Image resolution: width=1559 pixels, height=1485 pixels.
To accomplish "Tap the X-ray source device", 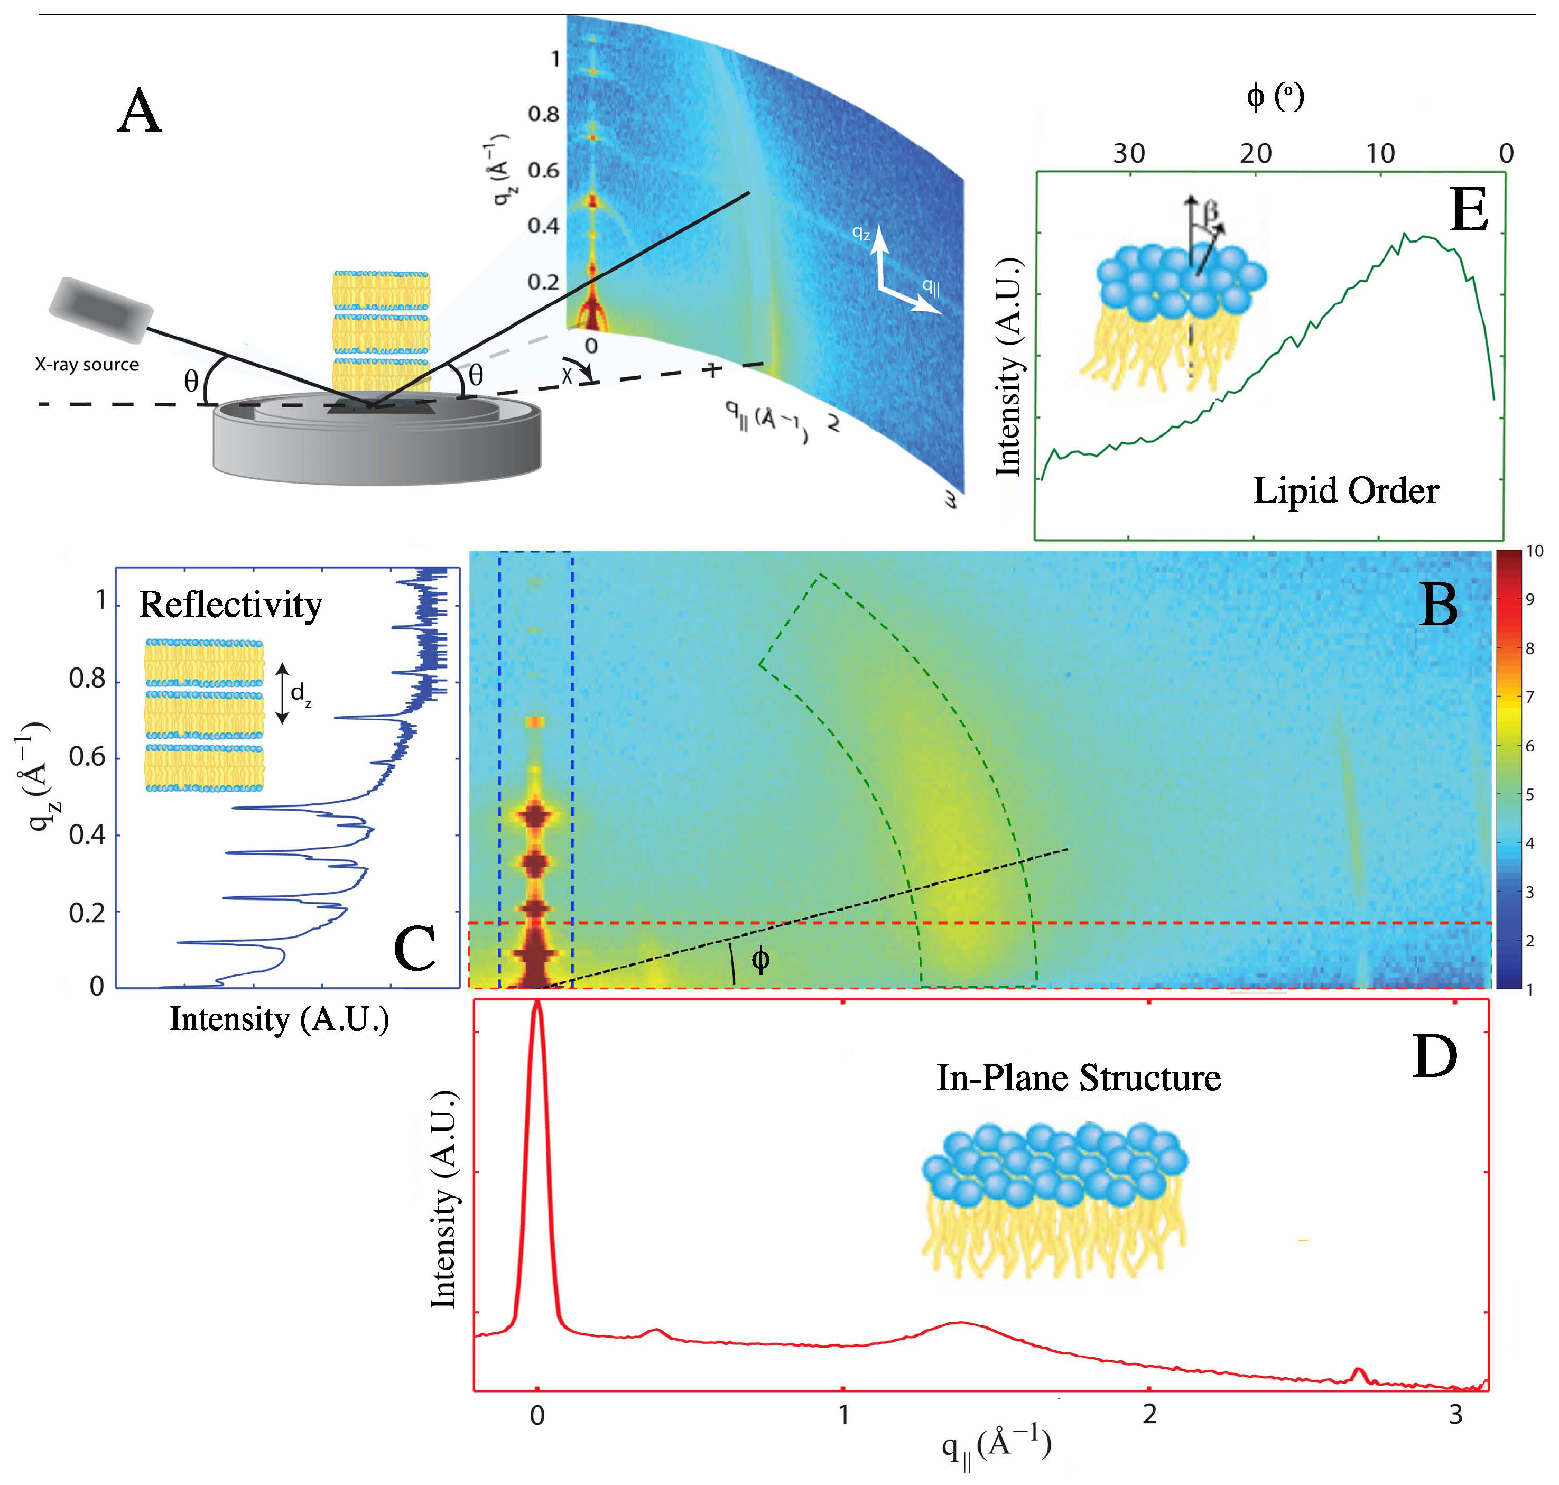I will (x=100, y=309).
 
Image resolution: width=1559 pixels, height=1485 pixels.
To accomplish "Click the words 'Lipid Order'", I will (x=1345, y=491).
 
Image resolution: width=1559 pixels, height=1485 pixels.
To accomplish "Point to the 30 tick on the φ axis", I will (x=1129, y=154).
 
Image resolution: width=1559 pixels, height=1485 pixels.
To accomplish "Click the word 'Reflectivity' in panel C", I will (x=230, y=606).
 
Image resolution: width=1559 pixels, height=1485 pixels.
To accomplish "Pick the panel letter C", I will (x=414, y=948).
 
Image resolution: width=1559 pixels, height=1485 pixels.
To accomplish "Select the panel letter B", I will (x=1438, y=606).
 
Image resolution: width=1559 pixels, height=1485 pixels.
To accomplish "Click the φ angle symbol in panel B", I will (x=759, y=960).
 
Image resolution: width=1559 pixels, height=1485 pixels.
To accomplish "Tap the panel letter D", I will (x=1434, y=1057).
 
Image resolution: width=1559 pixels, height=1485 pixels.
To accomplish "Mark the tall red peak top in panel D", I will (x=537, y=1004).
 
